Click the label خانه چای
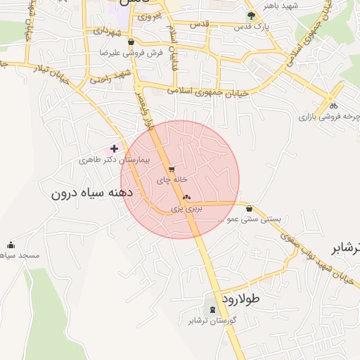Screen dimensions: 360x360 172,180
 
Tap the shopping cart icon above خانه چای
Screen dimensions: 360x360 171,169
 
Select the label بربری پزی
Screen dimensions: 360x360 188,209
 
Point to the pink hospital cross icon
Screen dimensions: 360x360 114,148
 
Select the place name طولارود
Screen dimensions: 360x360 241,298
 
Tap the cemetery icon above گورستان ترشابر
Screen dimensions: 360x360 212,310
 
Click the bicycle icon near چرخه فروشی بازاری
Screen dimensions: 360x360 333,105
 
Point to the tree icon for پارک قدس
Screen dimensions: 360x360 252,15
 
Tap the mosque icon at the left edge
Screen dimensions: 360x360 11,245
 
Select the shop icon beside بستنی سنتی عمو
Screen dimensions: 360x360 250,208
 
